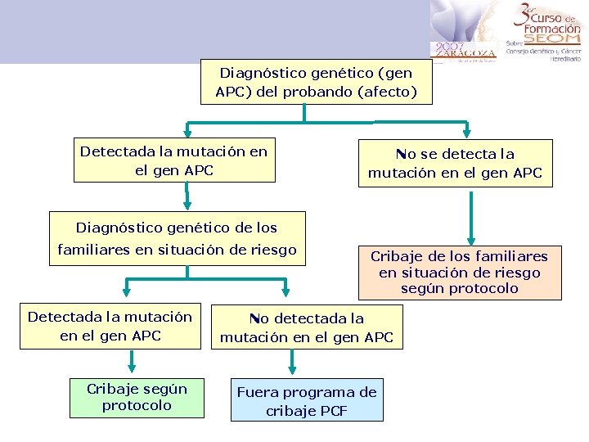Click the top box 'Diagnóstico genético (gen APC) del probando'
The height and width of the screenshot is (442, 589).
pyautogui.click(x=316, y=82)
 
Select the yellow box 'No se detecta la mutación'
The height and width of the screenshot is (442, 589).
pyautogui.click(x=455, y=163)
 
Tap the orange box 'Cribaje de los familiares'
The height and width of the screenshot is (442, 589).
pyautogui.click(x=459, y=272)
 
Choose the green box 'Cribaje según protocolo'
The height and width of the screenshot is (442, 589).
pyautogui.click(x=137, y=397)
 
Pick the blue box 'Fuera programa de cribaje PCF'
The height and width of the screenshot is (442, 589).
pyautogui.click(x=307, y=401)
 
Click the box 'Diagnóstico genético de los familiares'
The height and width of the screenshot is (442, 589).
pyautogui.click(x=177, y=238)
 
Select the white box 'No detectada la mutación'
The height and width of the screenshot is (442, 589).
pyautogui.click(x=307, y=327)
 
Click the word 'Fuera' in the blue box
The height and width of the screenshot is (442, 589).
pyautogui.click(x=259, y=392)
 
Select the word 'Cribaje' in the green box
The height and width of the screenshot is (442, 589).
pyautogui.click(x=113, y=389)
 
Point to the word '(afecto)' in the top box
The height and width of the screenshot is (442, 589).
pyautogui.click(x=387, y=92)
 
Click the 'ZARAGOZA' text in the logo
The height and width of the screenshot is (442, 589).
pyautogui.click(x=465, y=53)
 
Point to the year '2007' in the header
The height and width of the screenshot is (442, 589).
pyautogui.click(x=450, y=46)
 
